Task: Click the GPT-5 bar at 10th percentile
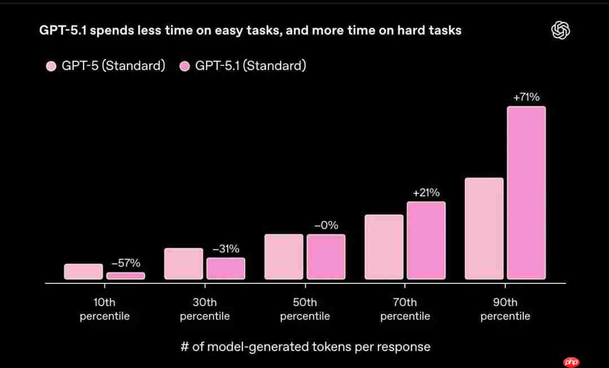83,272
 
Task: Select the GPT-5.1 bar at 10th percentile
126,276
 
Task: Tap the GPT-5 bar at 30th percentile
184,264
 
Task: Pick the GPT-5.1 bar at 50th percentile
326,256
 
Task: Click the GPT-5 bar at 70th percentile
384,247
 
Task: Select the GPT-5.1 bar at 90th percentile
526,193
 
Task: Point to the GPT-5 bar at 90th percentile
484,228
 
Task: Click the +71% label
526,97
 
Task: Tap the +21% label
426,193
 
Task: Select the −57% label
126,263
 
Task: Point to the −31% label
226,249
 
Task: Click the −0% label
326,225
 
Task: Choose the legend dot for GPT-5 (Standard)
51,66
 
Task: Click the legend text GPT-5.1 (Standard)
250,66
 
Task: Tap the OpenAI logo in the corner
560,30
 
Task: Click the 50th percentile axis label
305,309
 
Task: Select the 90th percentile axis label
505,309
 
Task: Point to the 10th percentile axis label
105,309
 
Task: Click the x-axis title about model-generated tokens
305,347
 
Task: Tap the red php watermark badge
571,361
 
